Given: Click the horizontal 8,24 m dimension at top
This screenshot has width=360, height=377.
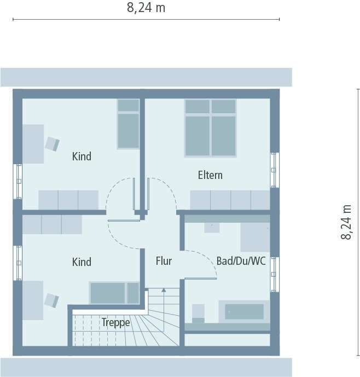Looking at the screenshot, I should pyautogui.click(x=146, y=8).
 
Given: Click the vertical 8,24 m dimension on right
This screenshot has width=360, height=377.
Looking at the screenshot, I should pyautogui.click(x=346, y=222).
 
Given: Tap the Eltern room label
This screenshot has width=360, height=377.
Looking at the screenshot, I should pyautogui.click(x=210, y=175).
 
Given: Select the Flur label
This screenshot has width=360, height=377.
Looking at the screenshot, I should pyautogui.click(x=164, y=261).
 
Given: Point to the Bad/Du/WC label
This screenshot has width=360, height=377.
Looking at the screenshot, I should pyautogui.click(x=241, y=261).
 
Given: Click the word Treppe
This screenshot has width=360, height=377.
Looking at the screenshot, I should pyautogui.click(x=116, y=323).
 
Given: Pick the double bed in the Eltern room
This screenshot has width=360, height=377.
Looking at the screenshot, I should pyautogui.click(x=210, y=127).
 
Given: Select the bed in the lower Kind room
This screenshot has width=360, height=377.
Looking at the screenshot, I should pyautogui.click(x=114, y=293).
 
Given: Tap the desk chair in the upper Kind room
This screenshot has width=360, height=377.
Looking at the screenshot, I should pyautogui.click(x=52, y=143).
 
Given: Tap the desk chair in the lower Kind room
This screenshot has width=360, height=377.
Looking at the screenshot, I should pyautogui.click(x=51, y=300).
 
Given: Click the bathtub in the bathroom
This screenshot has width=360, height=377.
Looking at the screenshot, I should pyautogui.click(x=244, y=311).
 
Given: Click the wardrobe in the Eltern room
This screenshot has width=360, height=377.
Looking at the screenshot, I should pyautogui.click(x=230, y=200).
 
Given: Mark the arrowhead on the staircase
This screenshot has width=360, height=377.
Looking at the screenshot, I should pyautogui.click(x=163, y=291).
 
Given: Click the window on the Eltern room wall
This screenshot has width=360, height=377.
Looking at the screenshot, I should pyautogui.click(x=275, y=170).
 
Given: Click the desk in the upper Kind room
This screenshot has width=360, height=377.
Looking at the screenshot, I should pyautogui.click(x=33, y=143).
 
